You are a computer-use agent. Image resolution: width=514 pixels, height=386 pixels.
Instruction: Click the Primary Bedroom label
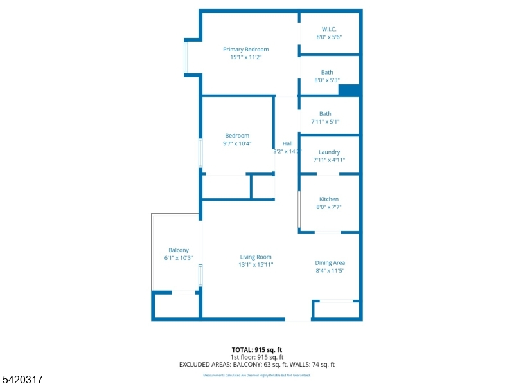(245, 50)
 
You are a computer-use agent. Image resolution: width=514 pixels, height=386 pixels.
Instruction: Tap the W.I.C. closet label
(328, 29)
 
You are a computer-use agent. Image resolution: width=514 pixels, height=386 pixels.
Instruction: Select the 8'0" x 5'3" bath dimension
(326, 80)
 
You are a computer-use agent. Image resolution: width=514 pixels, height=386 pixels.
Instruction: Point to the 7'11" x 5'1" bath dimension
(325, 122)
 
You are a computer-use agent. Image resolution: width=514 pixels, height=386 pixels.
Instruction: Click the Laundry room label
(329, 152)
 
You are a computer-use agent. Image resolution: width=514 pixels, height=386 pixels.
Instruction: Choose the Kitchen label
(328, 199)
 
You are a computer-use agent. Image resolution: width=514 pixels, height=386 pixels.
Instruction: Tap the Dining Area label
(330, 262)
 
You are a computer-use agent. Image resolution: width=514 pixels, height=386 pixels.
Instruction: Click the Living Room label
(256, 257)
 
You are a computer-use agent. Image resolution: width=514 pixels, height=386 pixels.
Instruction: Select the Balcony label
(179, 250)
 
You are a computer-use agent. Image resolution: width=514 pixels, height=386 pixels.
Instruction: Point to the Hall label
(287, 143)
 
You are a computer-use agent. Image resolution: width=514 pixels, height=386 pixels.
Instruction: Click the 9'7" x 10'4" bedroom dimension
(237, 143)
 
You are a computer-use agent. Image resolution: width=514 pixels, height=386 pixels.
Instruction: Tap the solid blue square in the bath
(348, 91)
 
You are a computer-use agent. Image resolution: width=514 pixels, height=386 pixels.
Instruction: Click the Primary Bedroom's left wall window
(186, 57)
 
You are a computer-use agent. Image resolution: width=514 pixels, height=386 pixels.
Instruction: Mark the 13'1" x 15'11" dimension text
(256, 264)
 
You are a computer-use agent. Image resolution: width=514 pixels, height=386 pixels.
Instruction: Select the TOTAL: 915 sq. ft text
(257, 349)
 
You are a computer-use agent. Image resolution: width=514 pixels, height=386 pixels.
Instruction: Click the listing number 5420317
(22, 380)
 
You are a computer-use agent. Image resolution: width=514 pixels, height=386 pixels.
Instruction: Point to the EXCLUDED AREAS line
(257, 365)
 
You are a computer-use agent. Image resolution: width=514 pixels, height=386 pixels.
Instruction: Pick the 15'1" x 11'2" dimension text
(245, 57)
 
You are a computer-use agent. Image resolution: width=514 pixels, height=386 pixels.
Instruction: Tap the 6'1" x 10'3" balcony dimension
(179, 258)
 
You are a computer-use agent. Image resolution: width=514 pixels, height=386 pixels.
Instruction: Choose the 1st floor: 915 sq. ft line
(257, 357)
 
